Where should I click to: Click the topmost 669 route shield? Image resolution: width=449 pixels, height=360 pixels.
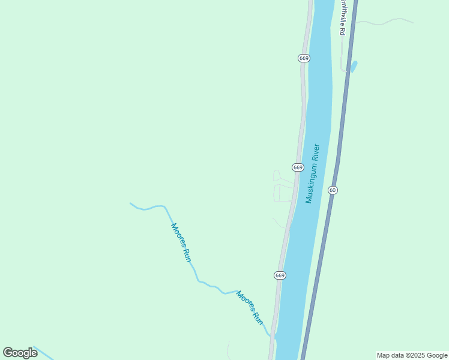click(304, 58)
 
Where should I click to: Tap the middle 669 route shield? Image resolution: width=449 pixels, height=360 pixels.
click(298, 167)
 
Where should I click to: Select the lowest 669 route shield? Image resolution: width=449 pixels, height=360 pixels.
click(280, 275)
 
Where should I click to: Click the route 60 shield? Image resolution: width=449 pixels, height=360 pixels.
click(333, 190)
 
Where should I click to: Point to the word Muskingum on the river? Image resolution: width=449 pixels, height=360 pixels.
click(310, 182)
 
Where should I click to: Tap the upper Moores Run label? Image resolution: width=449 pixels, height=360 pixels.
click(181, 242)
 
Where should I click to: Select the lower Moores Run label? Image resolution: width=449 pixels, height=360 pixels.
click(250, 308)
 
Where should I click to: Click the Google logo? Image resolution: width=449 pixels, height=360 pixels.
click(20, 353)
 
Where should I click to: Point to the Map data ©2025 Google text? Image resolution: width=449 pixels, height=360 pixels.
click(412, 355)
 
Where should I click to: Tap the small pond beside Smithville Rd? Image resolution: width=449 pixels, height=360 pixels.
click(354, 66)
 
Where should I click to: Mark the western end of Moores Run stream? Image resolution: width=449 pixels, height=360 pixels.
click(131, 203)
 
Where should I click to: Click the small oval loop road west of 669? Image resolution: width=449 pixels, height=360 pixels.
click(277, 175)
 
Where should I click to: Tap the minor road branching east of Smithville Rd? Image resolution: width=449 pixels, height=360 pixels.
click(384, 22)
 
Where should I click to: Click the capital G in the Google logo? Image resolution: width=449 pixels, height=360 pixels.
click(8, 353)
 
